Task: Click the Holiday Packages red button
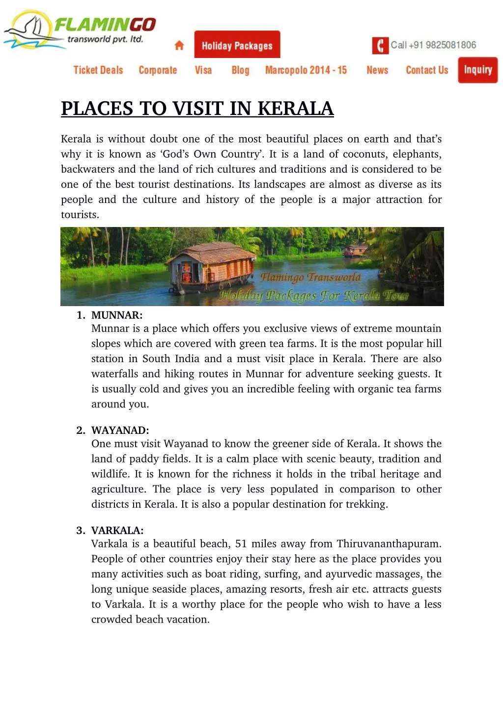[x=237, y=45]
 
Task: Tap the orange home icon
[x=179, y=45]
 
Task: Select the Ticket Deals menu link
[x=98, y=70]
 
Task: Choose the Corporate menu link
[x=158, y=70]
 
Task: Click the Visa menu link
[x=203, y=70]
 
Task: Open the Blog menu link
[x=241, y=70]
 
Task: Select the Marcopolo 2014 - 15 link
[x=306, y=70]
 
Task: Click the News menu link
[x=377, y=70]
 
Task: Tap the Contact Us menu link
[x=427, y=70]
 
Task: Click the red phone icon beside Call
[x=380, y=45]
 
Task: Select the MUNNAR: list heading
[x=117, y=315]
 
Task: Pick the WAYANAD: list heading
[x=120, y=430]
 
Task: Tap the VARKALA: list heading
[x=117, y=531]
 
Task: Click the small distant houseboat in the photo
[x=356, y=250]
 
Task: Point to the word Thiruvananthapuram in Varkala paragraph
[x=389, y=544]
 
